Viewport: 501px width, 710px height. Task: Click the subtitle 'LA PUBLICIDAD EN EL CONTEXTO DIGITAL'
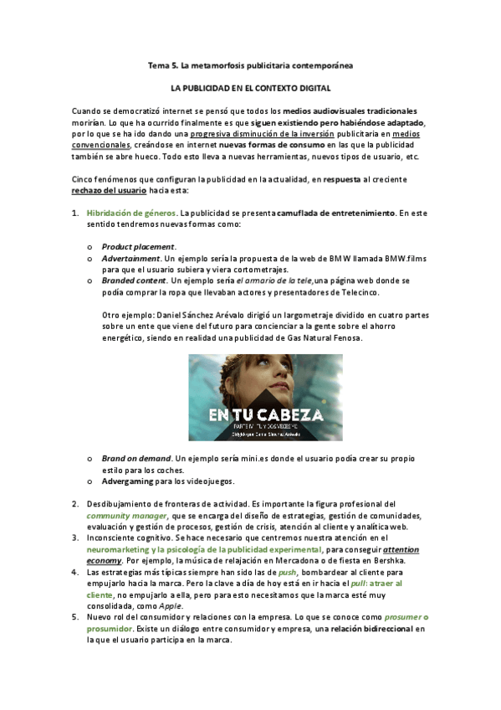[x=250, y=88]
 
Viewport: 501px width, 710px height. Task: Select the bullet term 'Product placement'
[x=138, y=247]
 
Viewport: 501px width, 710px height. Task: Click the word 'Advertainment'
[x=131, y=259]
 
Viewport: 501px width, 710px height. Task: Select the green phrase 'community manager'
[x=126, y=516]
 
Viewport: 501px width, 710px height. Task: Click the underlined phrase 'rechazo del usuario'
[x=112, y=190]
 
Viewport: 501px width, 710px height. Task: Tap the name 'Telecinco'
[x=356, y=293]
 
